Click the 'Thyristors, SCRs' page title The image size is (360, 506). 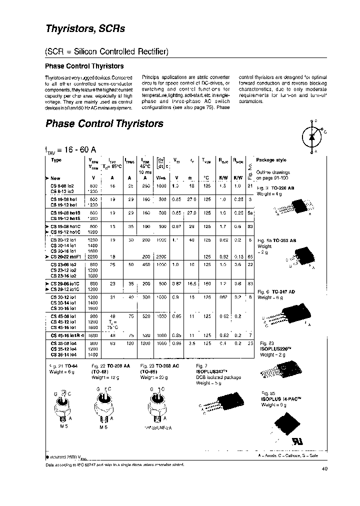pyautogui.click(x=85, y=28)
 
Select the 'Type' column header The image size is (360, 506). pyautogui.click(x=56, y=160)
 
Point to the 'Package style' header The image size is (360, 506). pyautogui.click(x=271, y=160)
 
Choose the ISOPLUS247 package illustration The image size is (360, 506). pyautogui.click(x=222, y=404)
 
